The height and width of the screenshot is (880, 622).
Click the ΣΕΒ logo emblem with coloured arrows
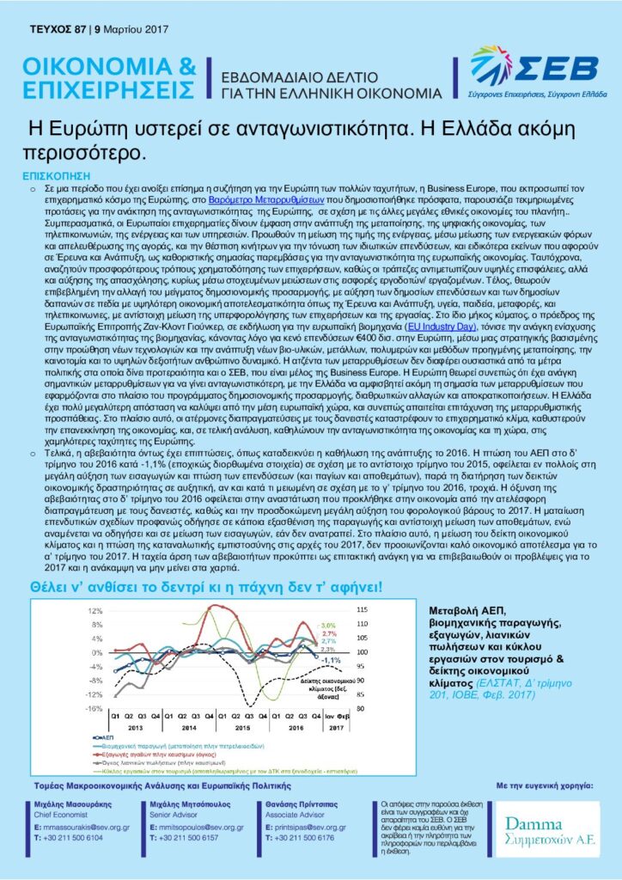491,64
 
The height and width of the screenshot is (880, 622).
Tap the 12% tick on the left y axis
94,610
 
